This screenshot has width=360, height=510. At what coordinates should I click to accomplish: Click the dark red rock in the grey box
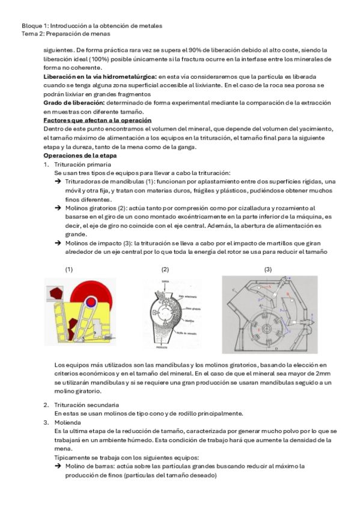tap(55, 293)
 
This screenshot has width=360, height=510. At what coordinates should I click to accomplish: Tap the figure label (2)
tap(165, 269)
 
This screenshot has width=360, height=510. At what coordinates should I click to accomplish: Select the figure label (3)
tap(267, 269)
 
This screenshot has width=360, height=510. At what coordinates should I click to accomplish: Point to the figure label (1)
tap(69, 269)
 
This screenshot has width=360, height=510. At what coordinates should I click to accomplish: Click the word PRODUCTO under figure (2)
tap(162, 348)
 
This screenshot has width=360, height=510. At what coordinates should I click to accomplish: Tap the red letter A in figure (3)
tap(269, 286)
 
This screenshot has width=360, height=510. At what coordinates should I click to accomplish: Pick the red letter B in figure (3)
tap(288, 294)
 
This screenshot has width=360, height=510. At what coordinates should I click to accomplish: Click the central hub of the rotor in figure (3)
tap(267, 328)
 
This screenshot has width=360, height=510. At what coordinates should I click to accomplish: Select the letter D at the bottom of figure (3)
tap(276, 349)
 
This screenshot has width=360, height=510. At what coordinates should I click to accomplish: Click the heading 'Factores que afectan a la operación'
tap(97, 120)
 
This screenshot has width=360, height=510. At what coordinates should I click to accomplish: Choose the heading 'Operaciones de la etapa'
tap(80, 156)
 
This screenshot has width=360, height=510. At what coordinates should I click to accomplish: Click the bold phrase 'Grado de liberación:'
tap(74, 103)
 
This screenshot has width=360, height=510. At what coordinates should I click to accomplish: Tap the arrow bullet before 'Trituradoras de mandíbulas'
tap(58, 182)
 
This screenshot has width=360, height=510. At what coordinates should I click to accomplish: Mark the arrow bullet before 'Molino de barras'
tap(58, 466)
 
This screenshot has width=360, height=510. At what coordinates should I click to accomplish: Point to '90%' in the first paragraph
tap(196, 51)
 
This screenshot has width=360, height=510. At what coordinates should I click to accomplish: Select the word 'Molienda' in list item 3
tap(67, 423)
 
